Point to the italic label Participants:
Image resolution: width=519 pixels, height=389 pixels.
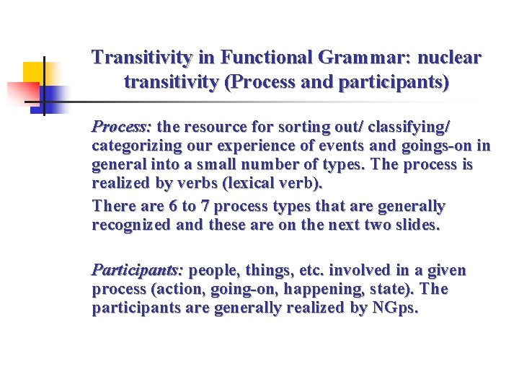(x=137, y=271)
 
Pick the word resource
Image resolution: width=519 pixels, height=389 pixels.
(x=217, y=128)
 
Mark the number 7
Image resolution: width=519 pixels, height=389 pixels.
(x=205, y=207)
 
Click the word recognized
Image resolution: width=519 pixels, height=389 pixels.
(x=130, y=225)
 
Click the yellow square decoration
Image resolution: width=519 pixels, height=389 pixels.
(x=33, y=73)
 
